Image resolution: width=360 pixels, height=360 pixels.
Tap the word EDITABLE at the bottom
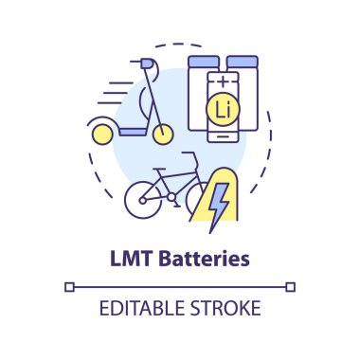tap(142, 309)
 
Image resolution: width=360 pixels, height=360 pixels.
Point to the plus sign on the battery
tap(225, 82)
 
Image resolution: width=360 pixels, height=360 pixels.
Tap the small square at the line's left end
tap(69, 286)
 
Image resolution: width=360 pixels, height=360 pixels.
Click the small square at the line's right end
tap(291, 286)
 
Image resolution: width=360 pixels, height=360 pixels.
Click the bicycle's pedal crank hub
tap(171, 196)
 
